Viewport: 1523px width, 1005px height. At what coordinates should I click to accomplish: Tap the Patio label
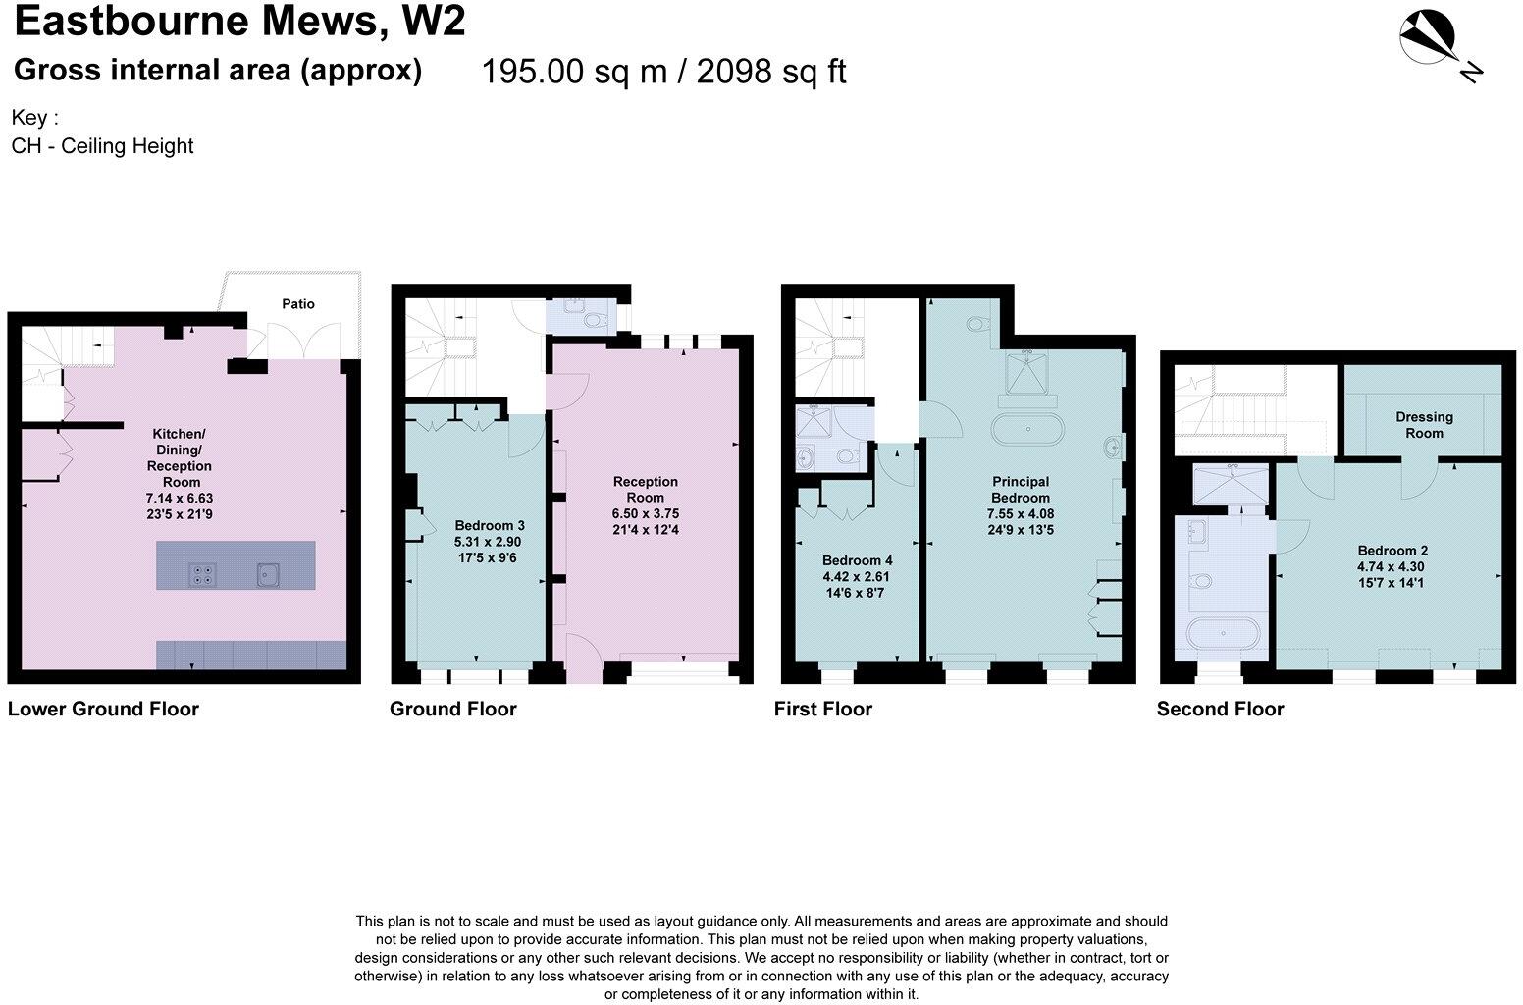click(x=298, y=304)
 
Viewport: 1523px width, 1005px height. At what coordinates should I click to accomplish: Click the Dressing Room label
click(x=1424, y=425)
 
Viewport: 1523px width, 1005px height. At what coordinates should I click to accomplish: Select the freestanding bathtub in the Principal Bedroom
click(x=1026, y=430)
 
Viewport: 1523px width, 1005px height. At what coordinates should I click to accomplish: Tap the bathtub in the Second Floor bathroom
click(x=1224, y=633)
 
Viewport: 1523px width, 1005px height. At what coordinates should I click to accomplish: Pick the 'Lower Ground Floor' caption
click(x=103, y=709)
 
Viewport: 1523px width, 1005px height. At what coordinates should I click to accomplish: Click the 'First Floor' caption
click(x=822, y=709)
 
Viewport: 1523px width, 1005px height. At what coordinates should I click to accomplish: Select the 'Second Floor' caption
click(x=1220, y=709)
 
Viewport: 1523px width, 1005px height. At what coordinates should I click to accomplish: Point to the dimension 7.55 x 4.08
click(x=1020, y=513)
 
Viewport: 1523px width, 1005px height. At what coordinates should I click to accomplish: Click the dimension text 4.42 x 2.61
click(x=856, y=577)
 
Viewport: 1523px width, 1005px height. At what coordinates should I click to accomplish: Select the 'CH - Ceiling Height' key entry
click(x=102, y=146)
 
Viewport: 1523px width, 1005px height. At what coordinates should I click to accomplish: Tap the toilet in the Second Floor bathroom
click(x=1200, y=581)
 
